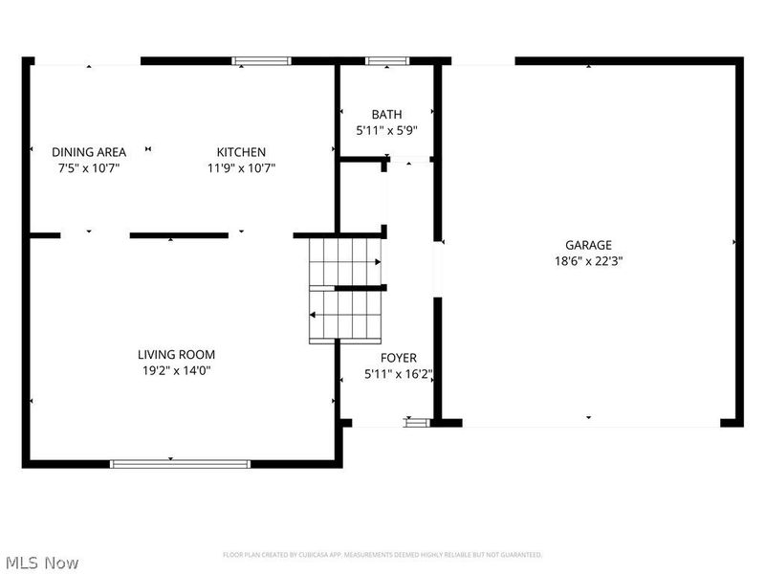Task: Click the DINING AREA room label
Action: pyautogui.click(x=89, y=152)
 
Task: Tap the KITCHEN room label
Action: pyautogui.click(x=241, y=152)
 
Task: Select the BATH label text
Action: pyautogui.click(x=386, y=115)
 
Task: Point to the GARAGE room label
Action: pyautogui.click(x=588, y=245)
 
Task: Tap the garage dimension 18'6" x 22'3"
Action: pyautogui.click(x=588, y=260)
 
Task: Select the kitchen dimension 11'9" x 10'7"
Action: pyautogui.click(x=241, y=168)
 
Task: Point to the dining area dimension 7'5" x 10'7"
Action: pyautogui.click(x=89, y=168)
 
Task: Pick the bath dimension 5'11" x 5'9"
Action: pyautogui.click(x=386, y=130)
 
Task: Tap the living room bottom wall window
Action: pyautogui.click(x=180, y=464)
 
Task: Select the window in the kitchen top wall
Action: pyautogui.click(x=262, y=61)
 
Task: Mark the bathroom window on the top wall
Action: pyautogui.click(x=386, y=61)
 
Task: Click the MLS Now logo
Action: pyautogui.click(x=42, y=563)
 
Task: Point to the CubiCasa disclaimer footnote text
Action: pyautogui.click(x=382, y=555)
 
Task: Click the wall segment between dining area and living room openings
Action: pyautogui.click(x=179, y=234)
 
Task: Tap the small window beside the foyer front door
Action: pyautogui.click(x=414, y=419)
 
